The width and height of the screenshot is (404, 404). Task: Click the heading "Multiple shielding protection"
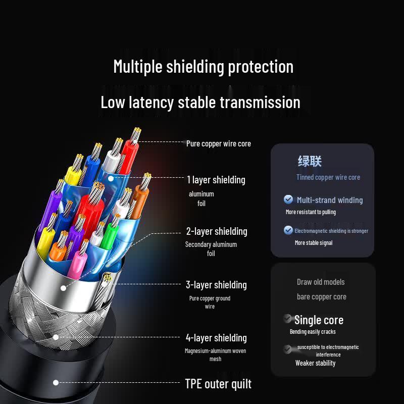[x=204, y=67]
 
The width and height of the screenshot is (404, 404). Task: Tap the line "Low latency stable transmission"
[x=200, y=103]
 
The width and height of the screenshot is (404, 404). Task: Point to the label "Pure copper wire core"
[x=219, y=144]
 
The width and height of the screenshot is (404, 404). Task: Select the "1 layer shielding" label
[x=216, y=180]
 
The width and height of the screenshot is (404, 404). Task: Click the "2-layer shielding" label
[x=217, y=231]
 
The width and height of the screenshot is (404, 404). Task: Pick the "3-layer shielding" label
[x=217, y=285]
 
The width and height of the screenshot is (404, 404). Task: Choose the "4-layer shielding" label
[x=217, y=338]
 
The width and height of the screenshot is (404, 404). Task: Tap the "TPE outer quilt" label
[x=218, y=384]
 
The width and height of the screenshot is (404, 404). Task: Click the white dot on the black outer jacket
[x=56, y=383]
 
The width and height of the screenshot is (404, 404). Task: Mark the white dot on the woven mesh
[x=56, y=337]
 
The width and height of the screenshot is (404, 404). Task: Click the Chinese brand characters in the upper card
[x=310, y=161]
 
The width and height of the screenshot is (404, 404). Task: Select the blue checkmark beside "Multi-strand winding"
[x=288, y=199]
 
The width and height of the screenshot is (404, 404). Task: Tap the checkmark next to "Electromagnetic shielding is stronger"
[x=288, y=230]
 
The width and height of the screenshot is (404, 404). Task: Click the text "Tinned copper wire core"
[x=328, y=177]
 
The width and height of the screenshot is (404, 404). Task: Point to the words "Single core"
[x=319, y=320]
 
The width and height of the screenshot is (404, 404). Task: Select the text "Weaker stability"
[x=315, y=363]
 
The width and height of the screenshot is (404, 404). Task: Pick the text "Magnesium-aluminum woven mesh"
[x=216, y=355]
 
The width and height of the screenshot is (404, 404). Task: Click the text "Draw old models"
[x=321, y=282]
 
